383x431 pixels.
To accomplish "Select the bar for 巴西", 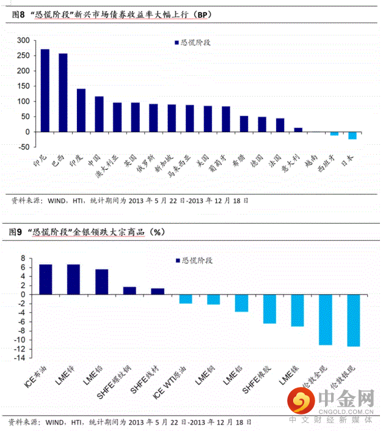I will pyautogui.click(x=63, y=92).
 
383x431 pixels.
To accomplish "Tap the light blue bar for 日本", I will pyautogui.click(x=352, y=135).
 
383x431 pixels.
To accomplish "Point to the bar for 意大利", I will pyautogui.click(x=298, y=130).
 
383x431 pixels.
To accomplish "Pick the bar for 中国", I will pyautogui.click(x=99, y=114).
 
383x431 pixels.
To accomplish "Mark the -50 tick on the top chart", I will pyautogui.click(x=23, y=147).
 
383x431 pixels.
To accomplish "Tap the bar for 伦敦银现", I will pyautogui.click(x=354, y=320).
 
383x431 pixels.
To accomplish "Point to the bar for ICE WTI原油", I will pyautogui.click(x=186, y=299).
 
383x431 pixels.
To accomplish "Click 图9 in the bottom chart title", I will pyautogui.click(x=16, y=232).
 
